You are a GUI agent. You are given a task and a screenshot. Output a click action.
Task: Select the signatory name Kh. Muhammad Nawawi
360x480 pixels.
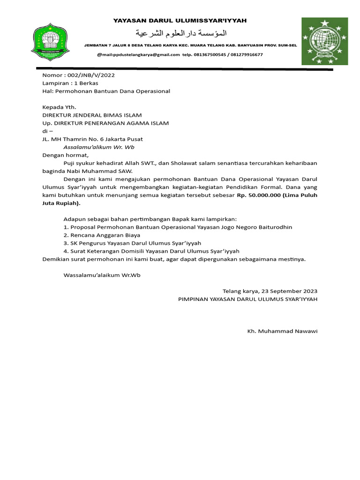click(x=282, y=331)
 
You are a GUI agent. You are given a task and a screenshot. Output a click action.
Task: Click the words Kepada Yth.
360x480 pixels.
click(x=59, y=107)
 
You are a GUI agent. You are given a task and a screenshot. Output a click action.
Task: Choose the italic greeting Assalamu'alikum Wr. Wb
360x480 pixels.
click(x=99, y=147)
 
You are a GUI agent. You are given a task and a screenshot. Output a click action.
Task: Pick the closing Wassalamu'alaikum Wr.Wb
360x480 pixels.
click(x=102, y=275)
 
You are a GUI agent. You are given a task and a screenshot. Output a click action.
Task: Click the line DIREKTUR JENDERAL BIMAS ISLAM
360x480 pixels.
click(x=92, y=115)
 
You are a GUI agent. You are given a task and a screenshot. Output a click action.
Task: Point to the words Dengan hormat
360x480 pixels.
click(x=65, y=155)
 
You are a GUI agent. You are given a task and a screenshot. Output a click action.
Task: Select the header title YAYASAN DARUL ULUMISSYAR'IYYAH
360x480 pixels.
click(x=180, y=21)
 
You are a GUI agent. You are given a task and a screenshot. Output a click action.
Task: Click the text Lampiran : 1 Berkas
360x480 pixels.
click(x=70, y=83)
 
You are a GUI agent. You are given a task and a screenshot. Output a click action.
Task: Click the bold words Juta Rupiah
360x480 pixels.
click(x=60, y=203)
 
